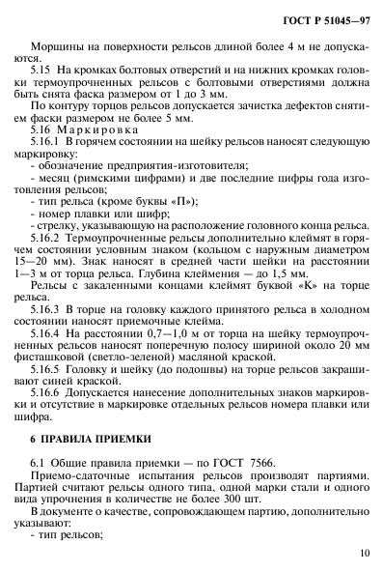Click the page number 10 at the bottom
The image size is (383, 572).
(x=363, y=553)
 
